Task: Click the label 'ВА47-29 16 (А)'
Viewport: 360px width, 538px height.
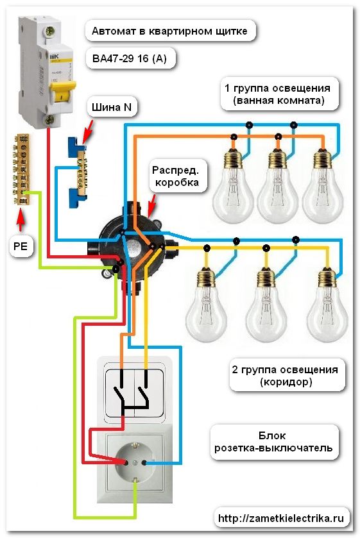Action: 130,59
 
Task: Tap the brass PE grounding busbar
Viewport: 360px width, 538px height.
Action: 21,169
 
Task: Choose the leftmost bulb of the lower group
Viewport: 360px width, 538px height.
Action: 206,301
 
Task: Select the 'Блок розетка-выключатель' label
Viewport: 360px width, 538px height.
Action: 273,441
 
